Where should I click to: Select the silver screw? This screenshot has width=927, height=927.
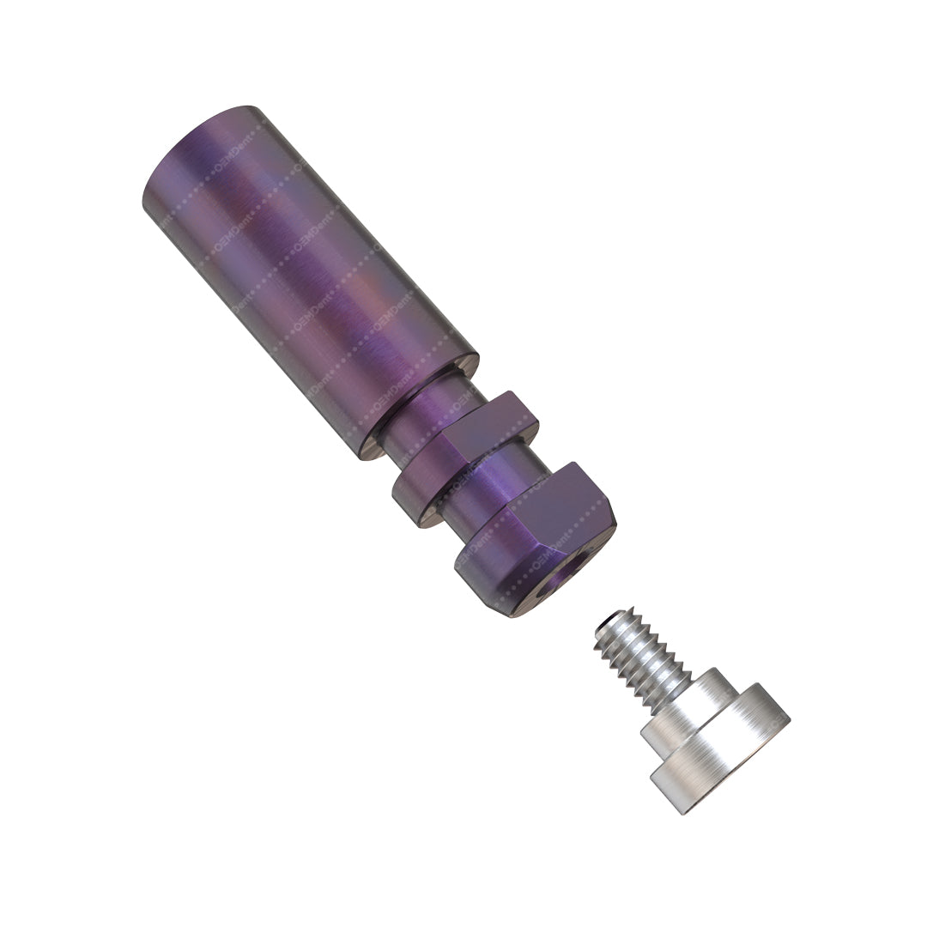tap(687, 712)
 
